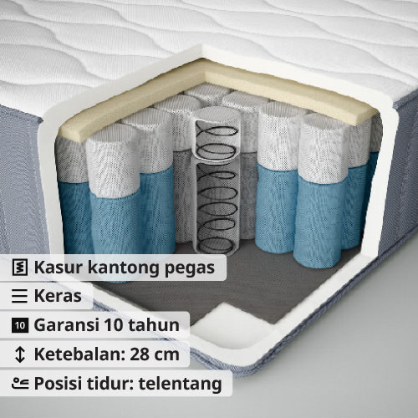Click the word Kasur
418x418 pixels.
point(59,268)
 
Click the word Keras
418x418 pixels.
point(58,296)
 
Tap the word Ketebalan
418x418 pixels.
point(79,354)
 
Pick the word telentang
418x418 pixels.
point(181,385)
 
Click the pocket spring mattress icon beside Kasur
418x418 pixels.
point(20,268)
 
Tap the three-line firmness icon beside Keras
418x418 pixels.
point(19,296)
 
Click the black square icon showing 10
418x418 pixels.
point(20,325)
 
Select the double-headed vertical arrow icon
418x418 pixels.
point(20,354)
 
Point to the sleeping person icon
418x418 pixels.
point(20,384)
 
